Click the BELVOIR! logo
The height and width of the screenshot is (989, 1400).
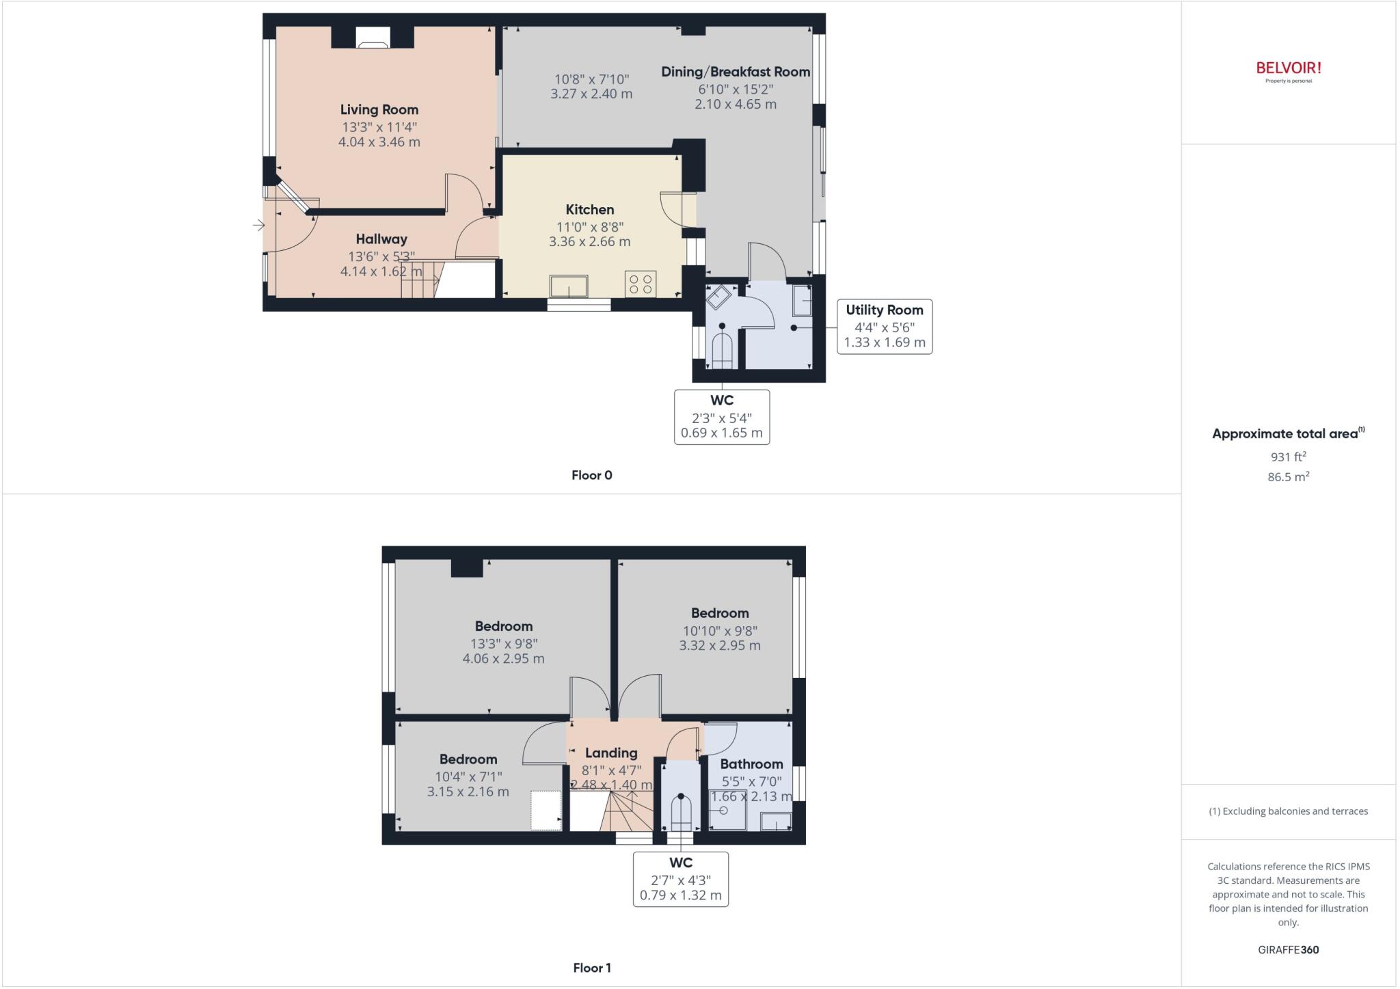(x=1288, y=69)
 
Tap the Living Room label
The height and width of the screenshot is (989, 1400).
(x=379, y=109)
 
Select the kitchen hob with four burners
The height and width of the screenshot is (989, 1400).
(x=641, y=284)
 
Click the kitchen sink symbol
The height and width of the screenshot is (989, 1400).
(x=569, y=286)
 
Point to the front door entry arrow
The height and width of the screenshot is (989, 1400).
(x=258, y=225)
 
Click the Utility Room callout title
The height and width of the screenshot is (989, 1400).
(x=884, y=310)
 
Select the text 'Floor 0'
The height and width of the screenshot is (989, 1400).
(x=591, y=475)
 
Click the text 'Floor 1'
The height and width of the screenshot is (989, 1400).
(x=591, y=968)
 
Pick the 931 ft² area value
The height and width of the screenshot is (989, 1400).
(x=1288, y=457)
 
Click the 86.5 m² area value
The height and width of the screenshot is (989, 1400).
(x=1288, y=476)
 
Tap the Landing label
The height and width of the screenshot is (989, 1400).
(x=610, y=753)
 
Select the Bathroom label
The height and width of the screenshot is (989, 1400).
(x=751, y=764)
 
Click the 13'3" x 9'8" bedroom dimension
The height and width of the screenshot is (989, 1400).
(x=503, y=643)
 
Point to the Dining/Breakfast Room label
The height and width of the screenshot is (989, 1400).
(x=735, y=72)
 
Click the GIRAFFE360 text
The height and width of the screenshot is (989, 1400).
(x=1288, y=949)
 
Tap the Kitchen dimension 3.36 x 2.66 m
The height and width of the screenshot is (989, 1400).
(x=589, y=241)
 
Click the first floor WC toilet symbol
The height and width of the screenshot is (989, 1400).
(x=681, y=813)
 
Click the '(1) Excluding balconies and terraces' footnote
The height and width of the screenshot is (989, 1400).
(x=1288, y=811)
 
